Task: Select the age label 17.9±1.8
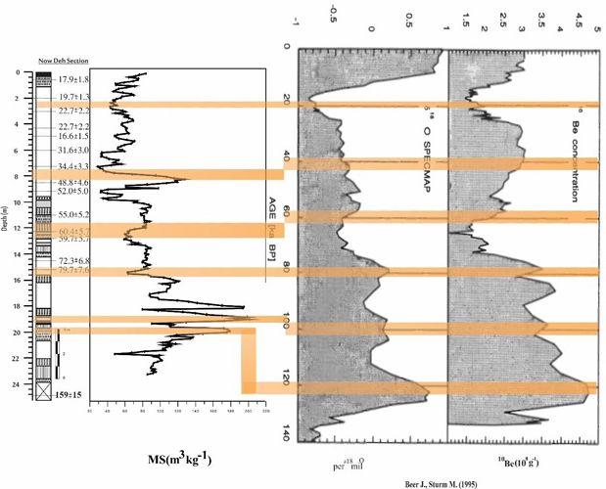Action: (75, 79)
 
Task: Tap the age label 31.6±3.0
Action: (74, 151)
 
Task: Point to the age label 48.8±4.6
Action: (74, 183)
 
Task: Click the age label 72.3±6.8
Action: (74, 261)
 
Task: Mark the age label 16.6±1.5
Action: (74, 137)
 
